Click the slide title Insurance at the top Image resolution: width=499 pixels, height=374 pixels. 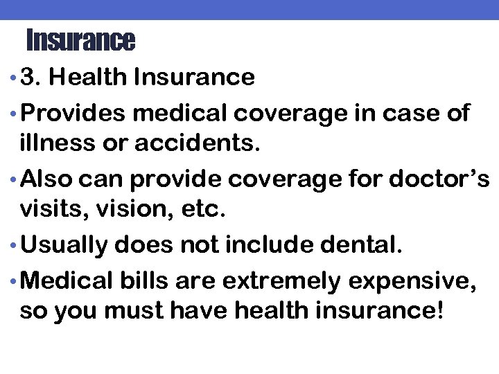click(80, 41)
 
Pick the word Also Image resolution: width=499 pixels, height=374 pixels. click(48, 179)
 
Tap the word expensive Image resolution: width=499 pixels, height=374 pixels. click(418, 279)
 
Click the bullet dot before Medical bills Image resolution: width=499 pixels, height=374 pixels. click(14, 279)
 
